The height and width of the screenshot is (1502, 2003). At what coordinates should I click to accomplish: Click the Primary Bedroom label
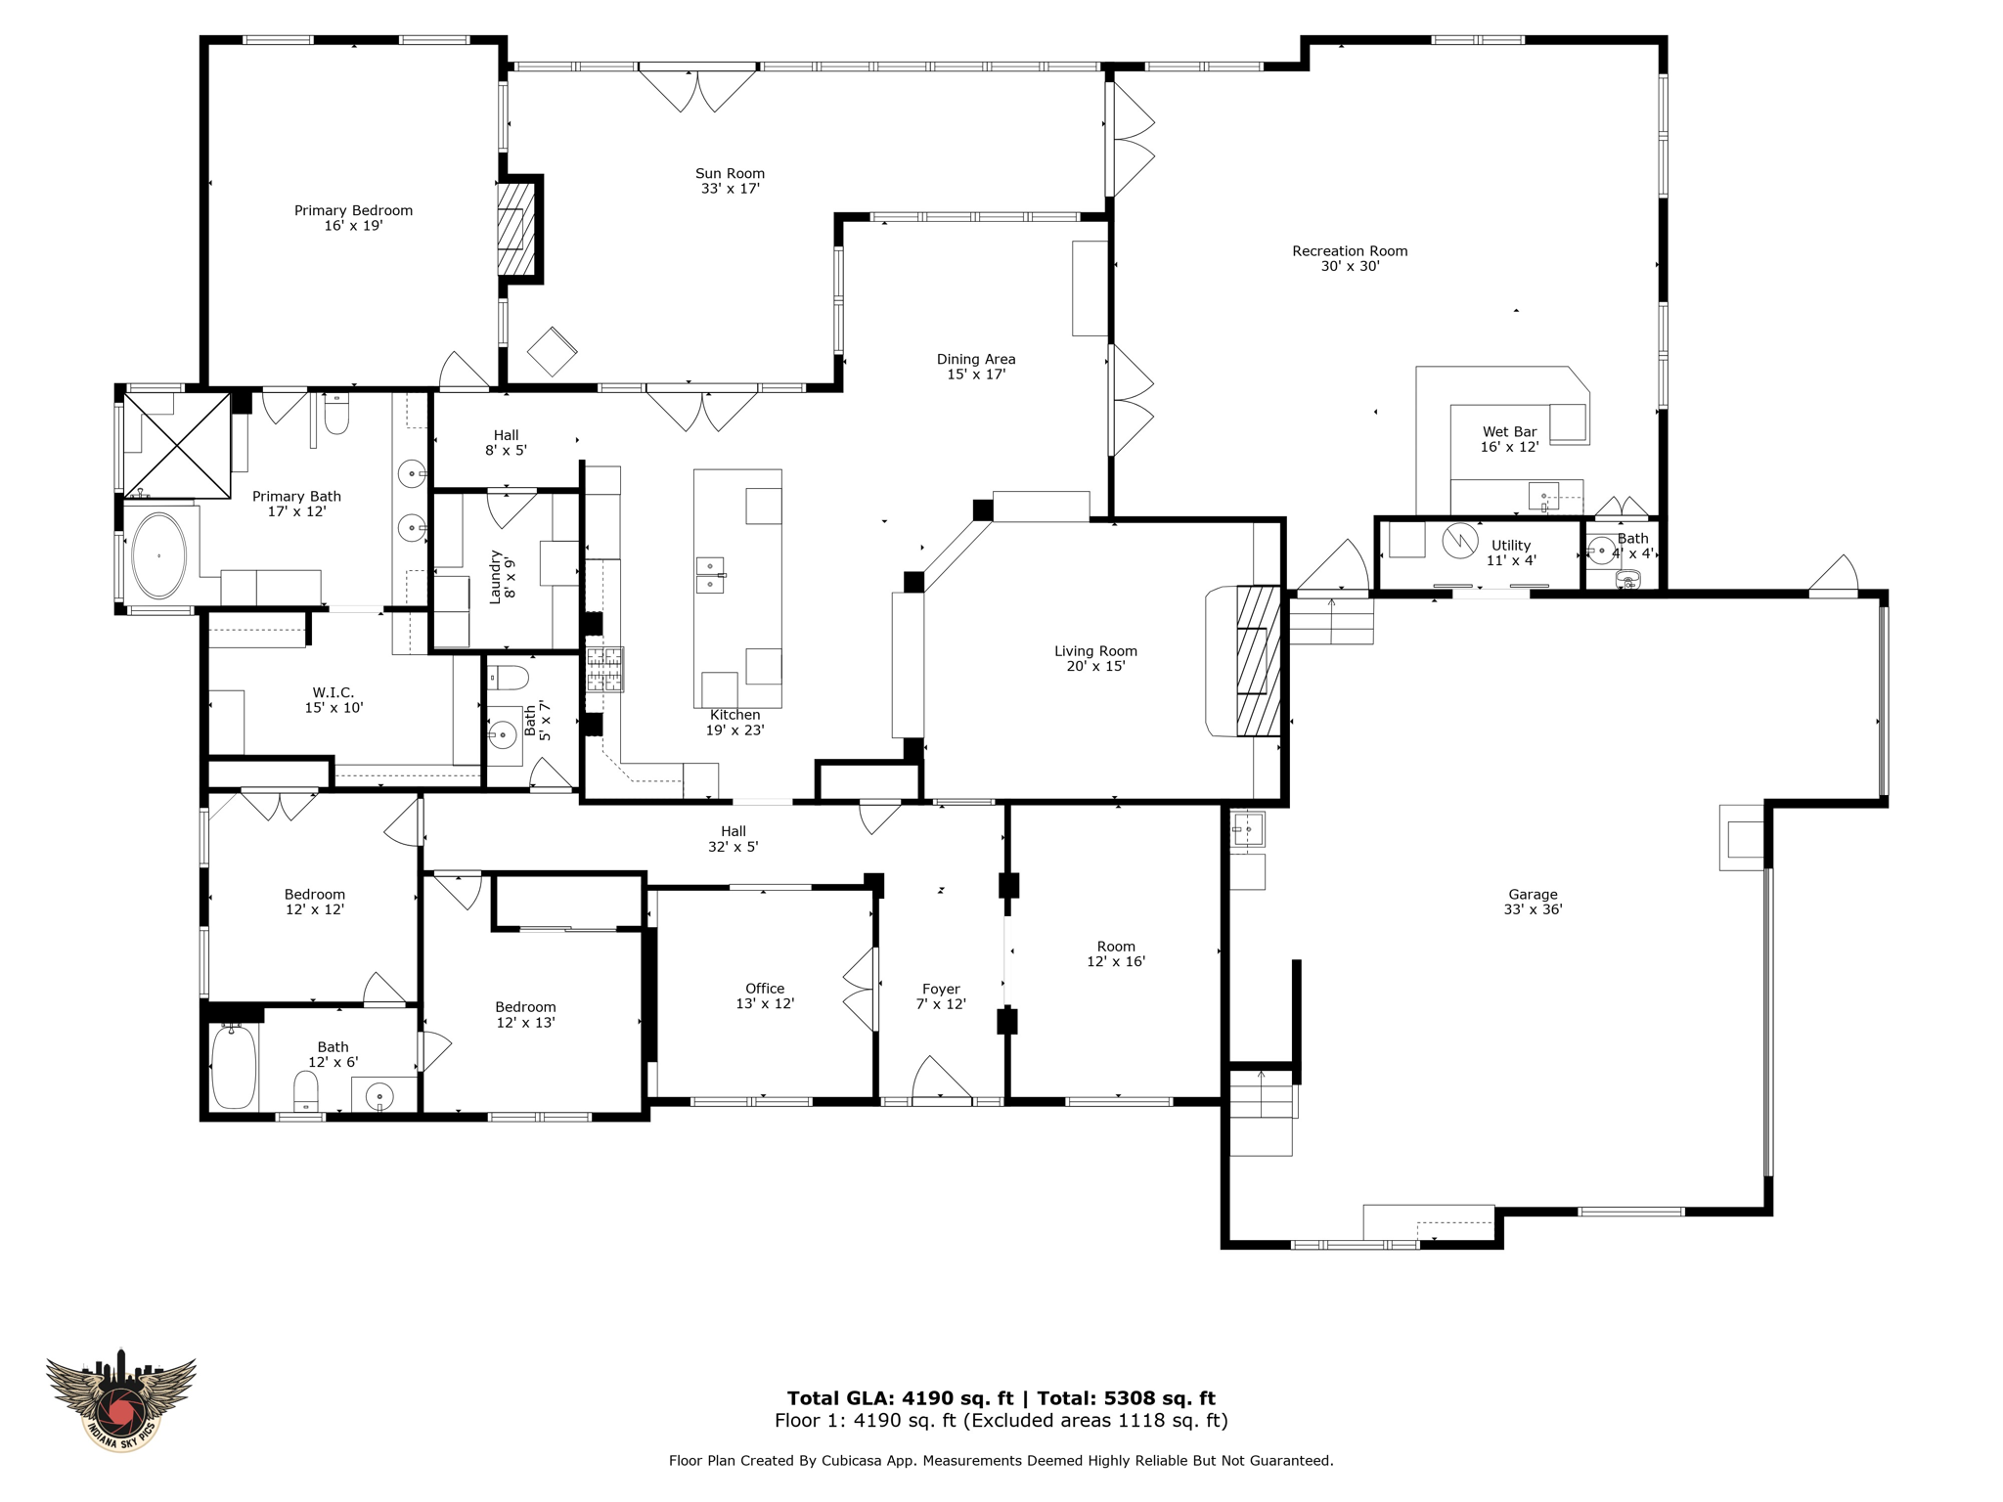tap(353, 210)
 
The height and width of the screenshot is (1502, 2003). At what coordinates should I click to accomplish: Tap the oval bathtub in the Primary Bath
tap(158, 555)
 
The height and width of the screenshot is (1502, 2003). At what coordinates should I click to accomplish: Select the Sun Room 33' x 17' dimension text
tap(730, 189)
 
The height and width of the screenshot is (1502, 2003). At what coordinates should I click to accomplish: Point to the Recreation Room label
tap(1350, 251)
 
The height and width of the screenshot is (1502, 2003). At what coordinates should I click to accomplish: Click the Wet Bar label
tap(1509, 431)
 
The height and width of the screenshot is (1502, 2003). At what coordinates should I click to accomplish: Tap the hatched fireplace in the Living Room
tap(1258, 661)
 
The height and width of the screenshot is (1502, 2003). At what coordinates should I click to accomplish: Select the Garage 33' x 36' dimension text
tap(1533, 909)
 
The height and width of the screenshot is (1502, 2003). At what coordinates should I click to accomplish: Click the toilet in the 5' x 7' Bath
tap(508, 677)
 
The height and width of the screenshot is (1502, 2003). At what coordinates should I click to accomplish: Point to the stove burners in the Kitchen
tap(604, 670)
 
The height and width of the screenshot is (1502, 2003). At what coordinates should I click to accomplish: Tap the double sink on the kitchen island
tap(710, 575)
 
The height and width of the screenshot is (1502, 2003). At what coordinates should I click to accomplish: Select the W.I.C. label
tap(334, 692)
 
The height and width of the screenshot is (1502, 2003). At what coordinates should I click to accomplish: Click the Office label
tap(765, 989)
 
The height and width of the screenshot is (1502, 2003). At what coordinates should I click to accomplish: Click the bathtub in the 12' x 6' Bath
tap(234, 1066)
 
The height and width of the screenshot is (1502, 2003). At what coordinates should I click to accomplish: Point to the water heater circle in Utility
tap(1459, 541)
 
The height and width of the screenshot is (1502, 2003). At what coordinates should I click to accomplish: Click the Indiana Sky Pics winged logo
tap(121, 1399)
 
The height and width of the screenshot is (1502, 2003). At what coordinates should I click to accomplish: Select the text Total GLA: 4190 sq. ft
tap(900, 1398)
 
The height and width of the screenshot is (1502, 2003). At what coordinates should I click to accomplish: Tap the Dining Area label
tap(976, 359)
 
